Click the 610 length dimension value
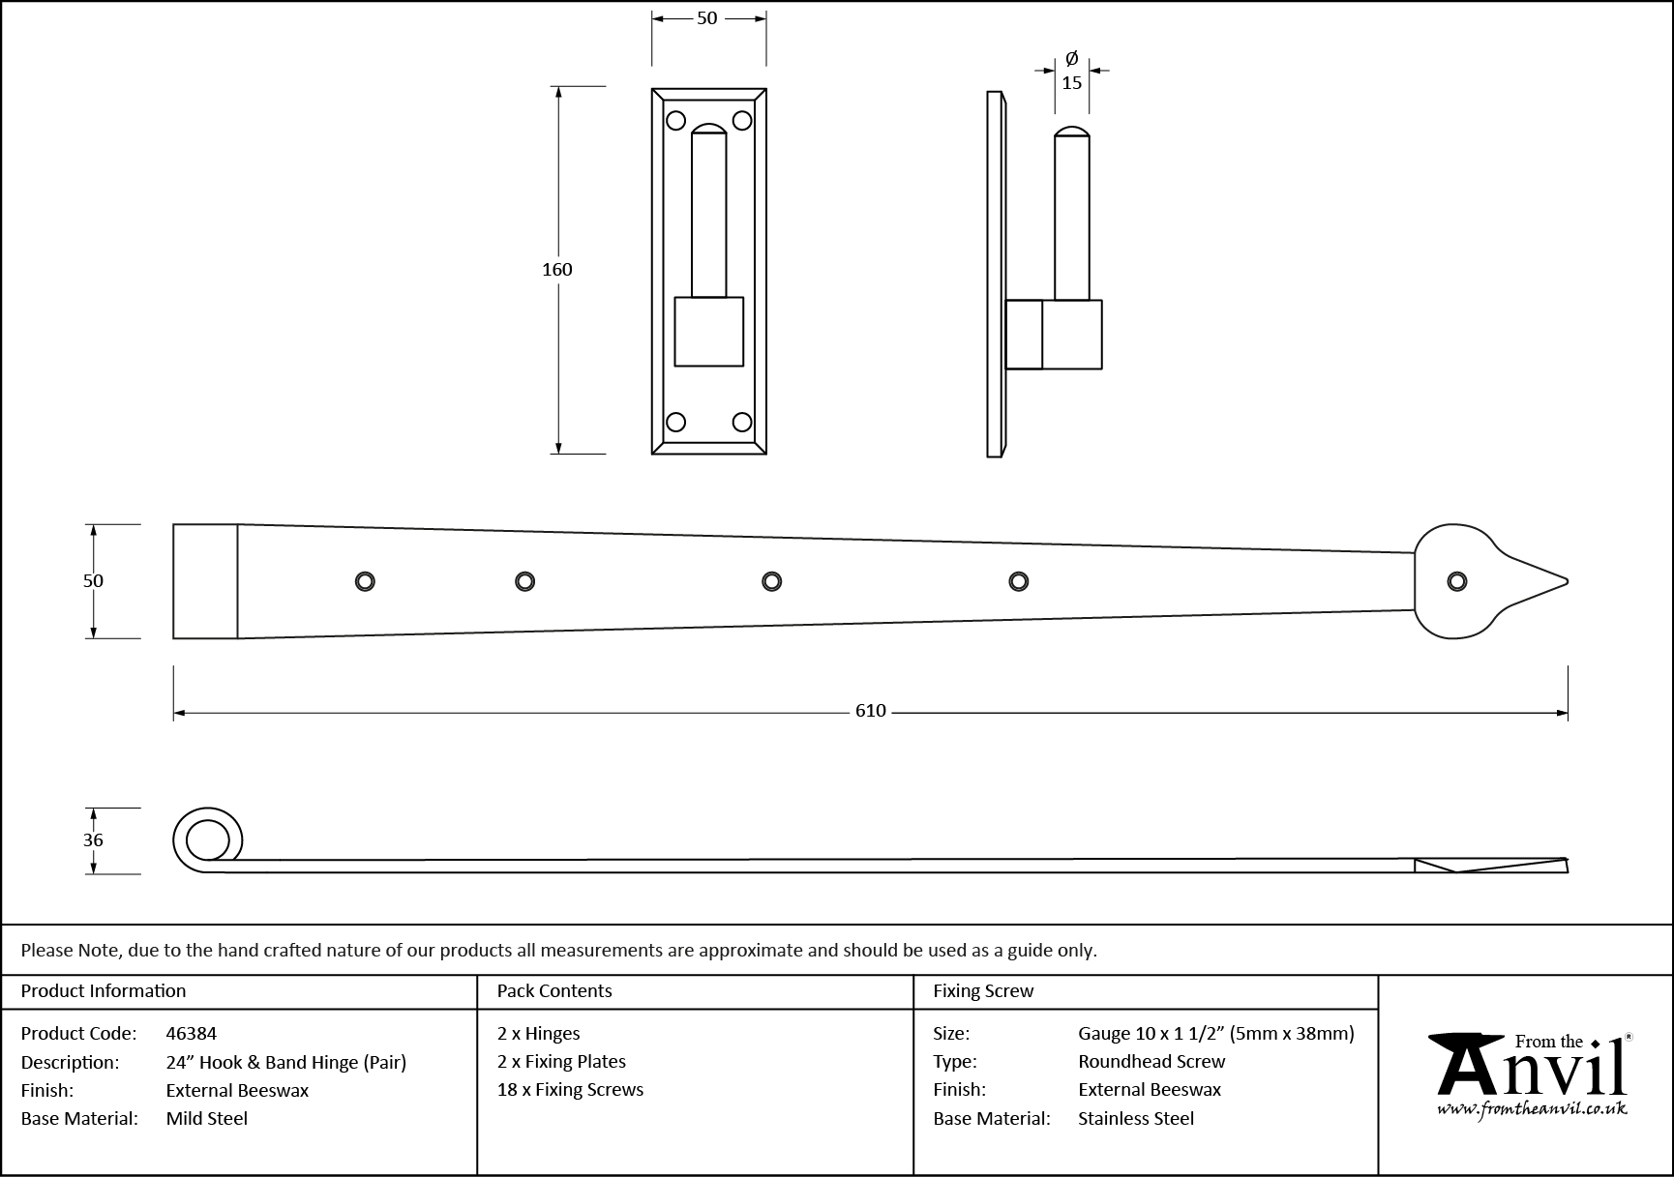(x=870, y=711)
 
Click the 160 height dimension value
(x=557, y=270)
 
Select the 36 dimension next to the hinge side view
(x=93, y=840)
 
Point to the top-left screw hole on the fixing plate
(x=676, y=121)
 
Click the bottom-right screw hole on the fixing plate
(x=742, y=422)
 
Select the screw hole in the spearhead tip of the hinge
(x=1456, y=581)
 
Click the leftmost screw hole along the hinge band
(x=365, y=580)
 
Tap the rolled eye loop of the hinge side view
(x=208, y=839)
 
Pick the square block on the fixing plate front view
(x=708, y=332)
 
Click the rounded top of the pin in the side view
(x=1072, y=132)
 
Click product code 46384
(x=192, y=1034)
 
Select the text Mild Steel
(x=206, y=1119)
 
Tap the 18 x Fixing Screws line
(x=570, y=1090)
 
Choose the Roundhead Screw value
(x=1151, y=1062)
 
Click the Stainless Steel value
(x=1136, y=1119)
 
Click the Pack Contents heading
(x=554, y=991)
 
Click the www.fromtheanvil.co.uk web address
(x=1531, y=1110)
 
